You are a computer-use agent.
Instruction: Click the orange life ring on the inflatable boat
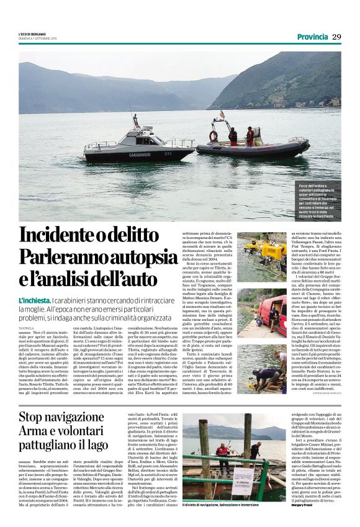coord(213,136)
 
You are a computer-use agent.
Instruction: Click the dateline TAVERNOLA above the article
coord(27,327)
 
